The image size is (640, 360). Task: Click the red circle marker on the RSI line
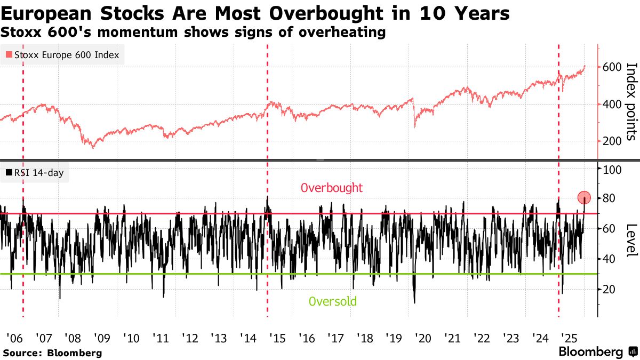[x=584, y=197]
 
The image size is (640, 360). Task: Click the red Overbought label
[x=331, y=188]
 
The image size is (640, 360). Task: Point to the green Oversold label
[x=332, y=301]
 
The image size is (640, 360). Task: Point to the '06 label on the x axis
[x=14, y=338]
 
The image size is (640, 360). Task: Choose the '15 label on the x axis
[x=276, y=338]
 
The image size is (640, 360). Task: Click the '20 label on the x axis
[x=422, y=338]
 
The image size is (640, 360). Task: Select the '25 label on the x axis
[x=569, y=338]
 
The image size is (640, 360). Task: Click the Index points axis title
[x=631, y=101]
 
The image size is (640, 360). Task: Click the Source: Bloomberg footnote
[x=52, y=353]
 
